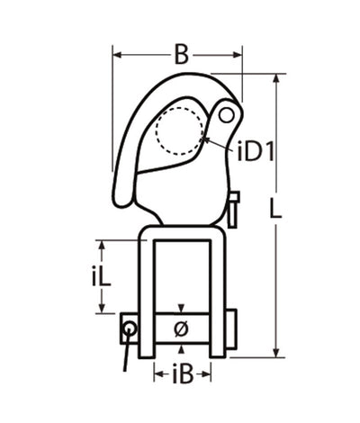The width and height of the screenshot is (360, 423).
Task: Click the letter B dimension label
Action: coord(181,55)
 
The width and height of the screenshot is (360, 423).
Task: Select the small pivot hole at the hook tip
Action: coord(227,113)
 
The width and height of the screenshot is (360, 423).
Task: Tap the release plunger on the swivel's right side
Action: coord(234,209)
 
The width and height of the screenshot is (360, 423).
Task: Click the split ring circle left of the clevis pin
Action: coord(130,328)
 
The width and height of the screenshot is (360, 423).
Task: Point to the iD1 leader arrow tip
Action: coord(206,140)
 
